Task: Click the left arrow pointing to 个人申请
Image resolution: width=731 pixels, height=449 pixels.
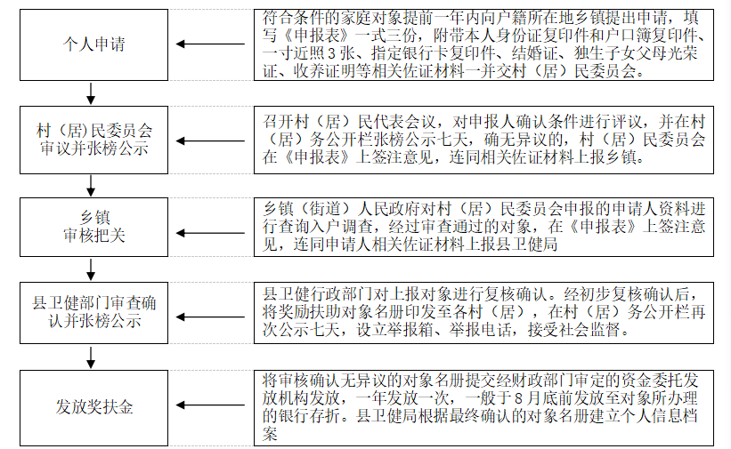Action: [210, 44]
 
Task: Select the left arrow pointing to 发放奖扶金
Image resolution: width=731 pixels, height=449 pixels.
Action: [210, 407]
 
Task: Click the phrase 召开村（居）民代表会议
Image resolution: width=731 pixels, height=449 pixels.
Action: [353, 121]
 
